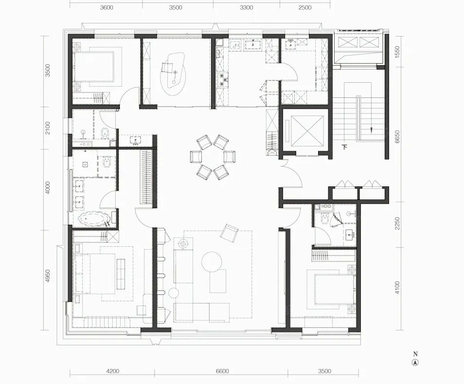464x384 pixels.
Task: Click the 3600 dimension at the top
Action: (x=107, y=8)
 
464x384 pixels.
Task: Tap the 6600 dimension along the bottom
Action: (x=222, y=371)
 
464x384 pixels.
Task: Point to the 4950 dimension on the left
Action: (x=48, y=276)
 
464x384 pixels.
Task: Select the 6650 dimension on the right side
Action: (x=397, y=137)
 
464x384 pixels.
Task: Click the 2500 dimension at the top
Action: (x=305, y=8)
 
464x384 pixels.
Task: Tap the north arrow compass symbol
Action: (x=415, y=363)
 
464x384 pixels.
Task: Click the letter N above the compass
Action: (x=415, y=354)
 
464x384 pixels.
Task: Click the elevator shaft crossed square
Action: (x=307, y=130)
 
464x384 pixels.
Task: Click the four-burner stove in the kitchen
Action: (x=223, y=80)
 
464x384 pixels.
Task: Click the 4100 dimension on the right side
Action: (x=397, y=288)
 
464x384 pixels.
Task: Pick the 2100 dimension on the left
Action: (x=48, y=128)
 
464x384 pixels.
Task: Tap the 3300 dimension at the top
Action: (x=246, y=8)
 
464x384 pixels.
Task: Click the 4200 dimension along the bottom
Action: (x=112, y=371)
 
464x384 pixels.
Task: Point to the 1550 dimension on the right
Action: (x=397, y=52)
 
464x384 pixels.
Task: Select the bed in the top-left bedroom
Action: (x=94, y=67)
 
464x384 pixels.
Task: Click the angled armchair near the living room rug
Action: (x=229, y=233)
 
